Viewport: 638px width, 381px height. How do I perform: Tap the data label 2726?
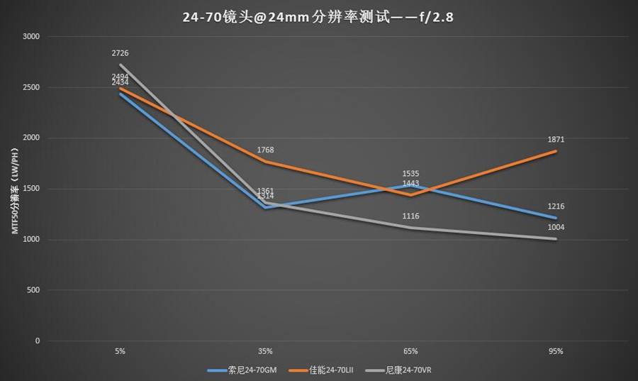click(120, 53)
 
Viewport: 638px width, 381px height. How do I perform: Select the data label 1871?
click(556, 140)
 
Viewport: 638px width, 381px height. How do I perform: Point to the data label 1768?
click(265, 150)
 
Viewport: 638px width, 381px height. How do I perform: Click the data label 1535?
click(410, 173)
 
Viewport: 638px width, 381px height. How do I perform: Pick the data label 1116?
click(410, 216)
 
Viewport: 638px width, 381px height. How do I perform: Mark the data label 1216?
click(556, 206)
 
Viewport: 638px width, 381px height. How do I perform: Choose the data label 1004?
click(556, 227)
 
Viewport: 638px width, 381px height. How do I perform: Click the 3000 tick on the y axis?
click(32, 36)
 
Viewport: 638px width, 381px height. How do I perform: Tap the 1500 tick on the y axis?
click(32, 189)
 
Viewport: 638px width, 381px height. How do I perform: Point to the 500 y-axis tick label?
click(34, 290)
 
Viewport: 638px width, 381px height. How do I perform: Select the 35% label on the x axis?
click(265, 351)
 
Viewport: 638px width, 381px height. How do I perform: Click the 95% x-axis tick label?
click(556, 351)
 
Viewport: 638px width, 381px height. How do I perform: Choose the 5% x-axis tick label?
click(120, 351)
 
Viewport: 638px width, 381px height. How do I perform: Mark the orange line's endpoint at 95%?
click(556, 151)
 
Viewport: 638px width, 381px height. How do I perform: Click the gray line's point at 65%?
click(410, 228)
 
